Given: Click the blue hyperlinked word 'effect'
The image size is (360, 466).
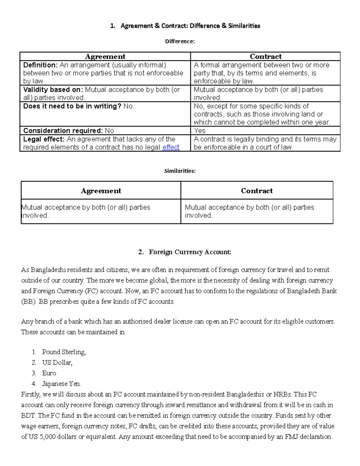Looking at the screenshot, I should click(171, 147).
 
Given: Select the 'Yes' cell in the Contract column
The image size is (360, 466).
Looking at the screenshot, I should click(199, 131).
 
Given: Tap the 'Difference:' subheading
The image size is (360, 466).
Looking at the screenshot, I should click(180, 41).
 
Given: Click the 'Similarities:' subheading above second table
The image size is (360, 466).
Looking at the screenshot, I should click(180, 171).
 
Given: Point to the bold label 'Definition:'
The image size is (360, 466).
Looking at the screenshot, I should click(40, 65).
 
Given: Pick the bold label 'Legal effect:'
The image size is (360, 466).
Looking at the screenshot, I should click(44, 139).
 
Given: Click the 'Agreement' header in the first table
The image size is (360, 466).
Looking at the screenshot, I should click(105, 56).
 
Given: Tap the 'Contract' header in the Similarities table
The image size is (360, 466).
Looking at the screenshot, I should click(257, 191).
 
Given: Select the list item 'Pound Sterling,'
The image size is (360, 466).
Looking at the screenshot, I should click(64, 352).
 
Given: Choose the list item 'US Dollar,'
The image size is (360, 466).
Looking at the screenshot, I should click(57, 362).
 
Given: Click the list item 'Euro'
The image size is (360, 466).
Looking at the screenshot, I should click(49, 373).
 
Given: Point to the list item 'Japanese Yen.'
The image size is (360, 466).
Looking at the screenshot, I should click(61, 384).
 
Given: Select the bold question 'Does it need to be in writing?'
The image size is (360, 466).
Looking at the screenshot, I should click(72, 106).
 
